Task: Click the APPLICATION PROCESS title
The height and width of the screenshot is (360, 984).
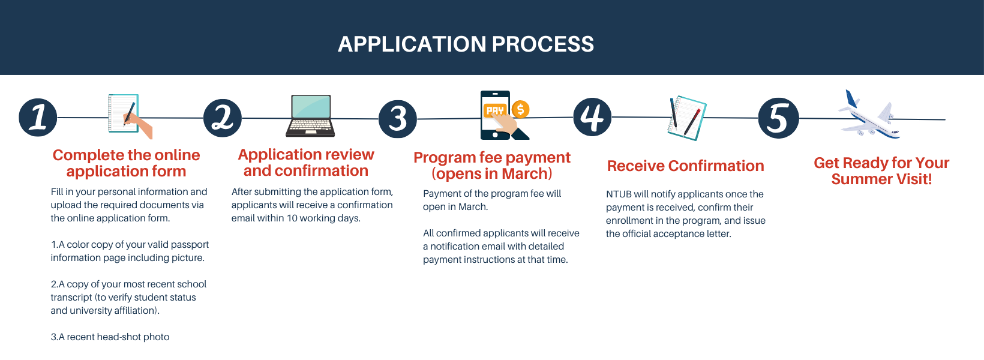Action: [466, 44]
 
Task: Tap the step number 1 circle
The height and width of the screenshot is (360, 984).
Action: [38, 117]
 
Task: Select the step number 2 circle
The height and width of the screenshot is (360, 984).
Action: [223, 118]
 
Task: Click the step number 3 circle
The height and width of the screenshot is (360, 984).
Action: [398, 119]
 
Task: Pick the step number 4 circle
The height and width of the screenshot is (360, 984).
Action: [592, 117]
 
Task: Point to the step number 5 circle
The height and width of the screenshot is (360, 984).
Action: [778, 118]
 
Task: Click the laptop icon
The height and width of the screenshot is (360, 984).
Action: [310, 116]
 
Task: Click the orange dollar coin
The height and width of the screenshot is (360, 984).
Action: [520, 109]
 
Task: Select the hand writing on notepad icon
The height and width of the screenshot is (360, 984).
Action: [128, 115]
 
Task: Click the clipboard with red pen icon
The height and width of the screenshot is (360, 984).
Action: [686, 118]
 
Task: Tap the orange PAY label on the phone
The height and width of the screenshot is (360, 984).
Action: [495, 110]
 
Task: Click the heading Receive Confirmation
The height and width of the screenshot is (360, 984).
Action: [685, 166]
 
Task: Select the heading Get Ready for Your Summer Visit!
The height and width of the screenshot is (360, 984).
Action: [881, 170]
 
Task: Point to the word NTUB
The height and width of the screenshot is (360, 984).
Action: [618, 194]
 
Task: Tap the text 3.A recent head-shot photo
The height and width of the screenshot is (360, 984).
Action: [110, 337]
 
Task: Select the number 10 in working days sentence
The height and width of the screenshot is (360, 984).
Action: [292, 218]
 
